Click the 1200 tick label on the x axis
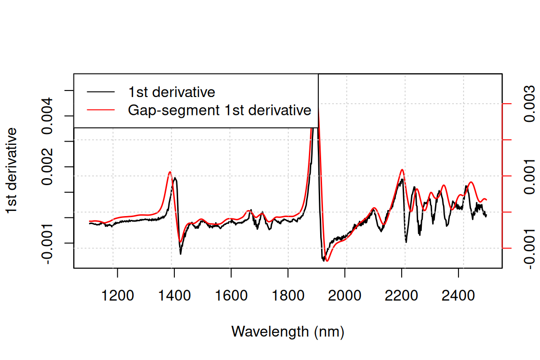click(118, 296)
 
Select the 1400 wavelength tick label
click(174, 296)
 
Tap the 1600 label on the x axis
click(231, 296)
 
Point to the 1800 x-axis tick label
click(288, 296)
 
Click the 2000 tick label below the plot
click(345, 296)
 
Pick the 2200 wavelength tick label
click(402, 296)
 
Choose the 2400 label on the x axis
click(458, 296)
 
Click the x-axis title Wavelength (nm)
click(288, 332)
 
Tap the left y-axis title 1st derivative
click(12, 171)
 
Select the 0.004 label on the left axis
click(47, 116)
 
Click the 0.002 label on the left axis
click(47, 167)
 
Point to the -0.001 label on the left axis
click(47, 244)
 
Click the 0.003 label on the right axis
click(529, 104)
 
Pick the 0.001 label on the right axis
click(529, 176)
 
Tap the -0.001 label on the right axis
click(529, 248)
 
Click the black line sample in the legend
click(101, 92)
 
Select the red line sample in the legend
click(101, 110)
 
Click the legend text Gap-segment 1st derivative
click(220, 110)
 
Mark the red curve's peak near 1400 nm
click(170, 172)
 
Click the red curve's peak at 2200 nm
click(402, 170)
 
